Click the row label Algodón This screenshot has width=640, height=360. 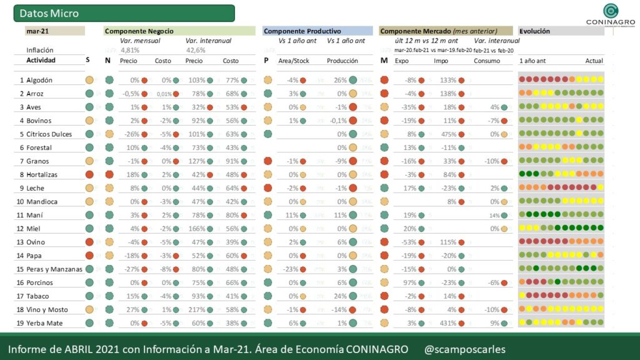coord(39,80)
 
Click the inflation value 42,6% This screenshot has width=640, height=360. coord(196,50)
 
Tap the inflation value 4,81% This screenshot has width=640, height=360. coord(130,50)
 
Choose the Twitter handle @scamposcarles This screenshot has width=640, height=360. coord(464,349)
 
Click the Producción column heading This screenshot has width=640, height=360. coord(342,61)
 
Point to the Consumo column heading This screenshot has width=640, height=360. coord(487,61)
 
